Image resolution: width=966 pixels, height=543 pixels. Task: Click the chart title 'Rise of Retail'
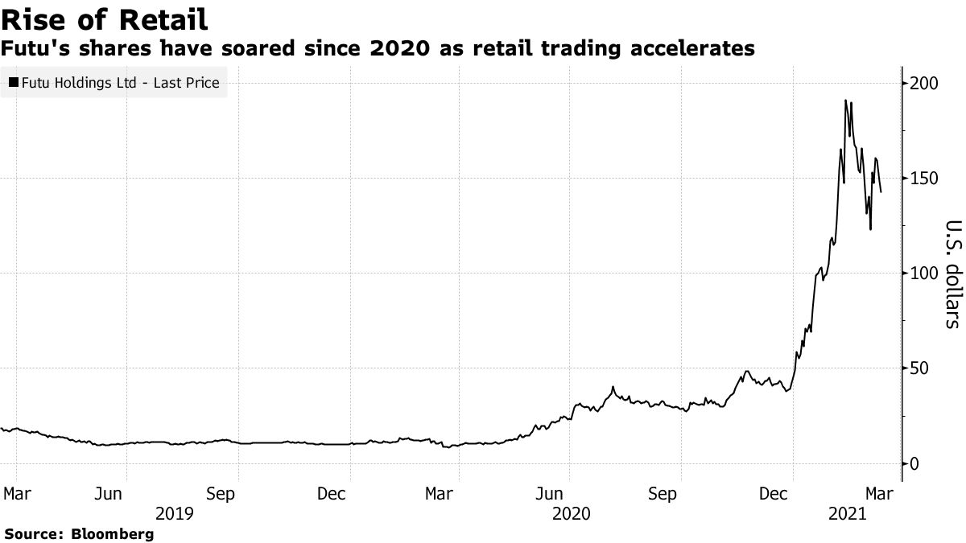[x=105, y=19]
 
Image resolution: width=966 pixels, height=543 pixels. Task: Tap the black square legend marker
[x=14, y=82]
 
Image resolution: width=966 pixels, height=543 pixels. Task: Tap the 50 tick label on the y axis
[x=921, y=368]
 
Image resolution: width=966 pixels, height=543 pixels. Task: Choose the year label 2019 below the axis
[x=174, y=512]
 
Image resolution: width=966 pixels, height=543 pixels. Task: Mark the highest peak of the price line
[x=845, y=101]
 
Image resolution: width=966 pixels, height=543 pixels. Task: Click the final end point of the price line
[x=881, y=191]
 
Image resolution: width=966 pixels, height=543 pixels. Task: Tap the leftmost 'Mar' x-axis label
[x=16, y=492]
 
